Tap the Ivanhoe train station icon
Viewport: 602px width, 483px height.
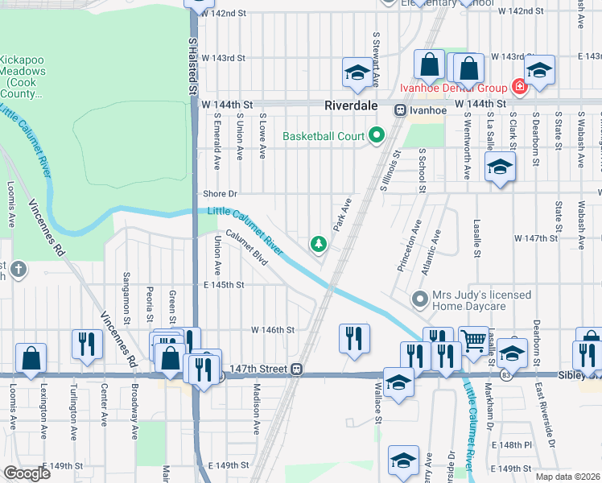(x=399, y=109)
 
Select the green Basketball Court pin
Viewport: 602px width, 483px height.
(x=376, y=135)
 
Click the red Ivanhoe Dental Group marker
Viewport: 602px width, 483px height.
(x=519, y=87)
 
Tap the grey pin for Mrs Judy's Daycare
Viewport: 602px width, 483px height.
(x=419, y=299)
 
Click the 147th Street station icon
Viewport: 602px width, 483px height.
(x=297, y=369)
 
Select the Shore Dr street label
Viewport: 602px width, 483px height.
(x=221, y=193)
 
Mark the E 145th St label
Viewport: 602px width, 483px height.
(x=224, y=285)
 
